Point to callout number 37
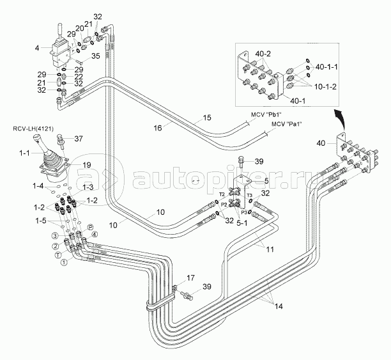[79, 138]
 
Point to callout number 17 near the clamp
[190, 278]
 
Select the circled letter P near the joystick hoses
[91, 227]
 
